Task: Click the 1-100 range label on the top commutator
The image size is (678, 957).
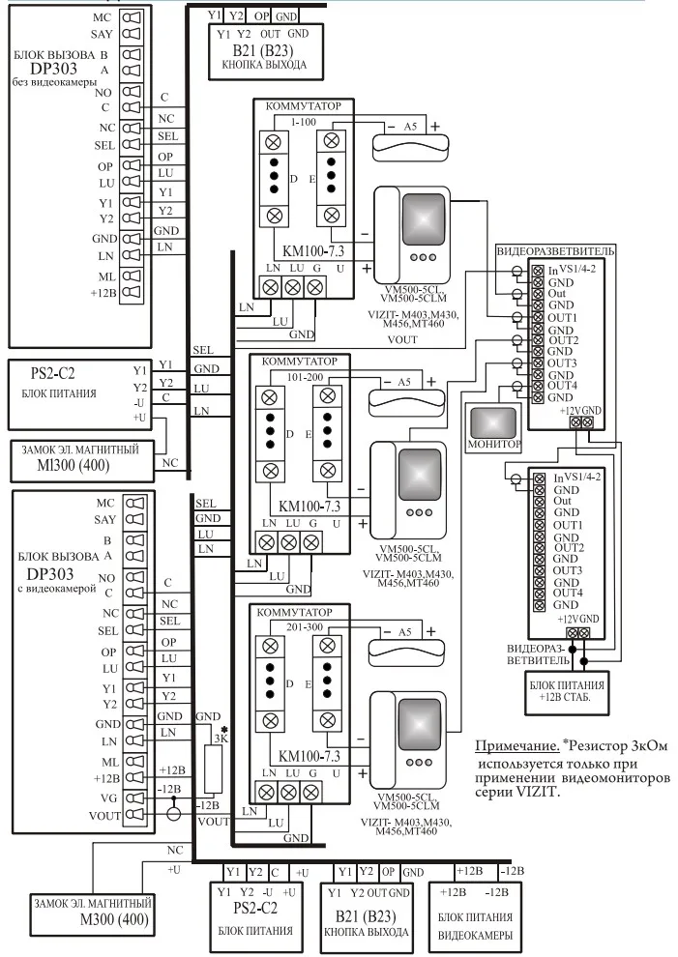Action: pyautogui.click(x=303, y=122)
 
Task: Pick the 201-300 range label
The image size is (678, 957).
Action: pyautogui.click(x=306, y=626)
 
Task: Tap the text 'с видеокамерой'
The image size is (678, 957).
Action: pyautogui.click(x=57, y=587)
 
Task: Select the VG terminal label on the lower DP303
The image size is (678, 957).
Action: pyautogui.click(x=105, y=797)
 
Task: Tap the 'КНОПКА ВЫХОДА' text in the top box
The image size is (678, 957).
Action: pyautogui.click(x=264, y=66)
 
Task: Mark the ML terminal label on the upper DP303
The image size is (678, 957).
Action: pyautogui.click(x=104, y=276)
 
